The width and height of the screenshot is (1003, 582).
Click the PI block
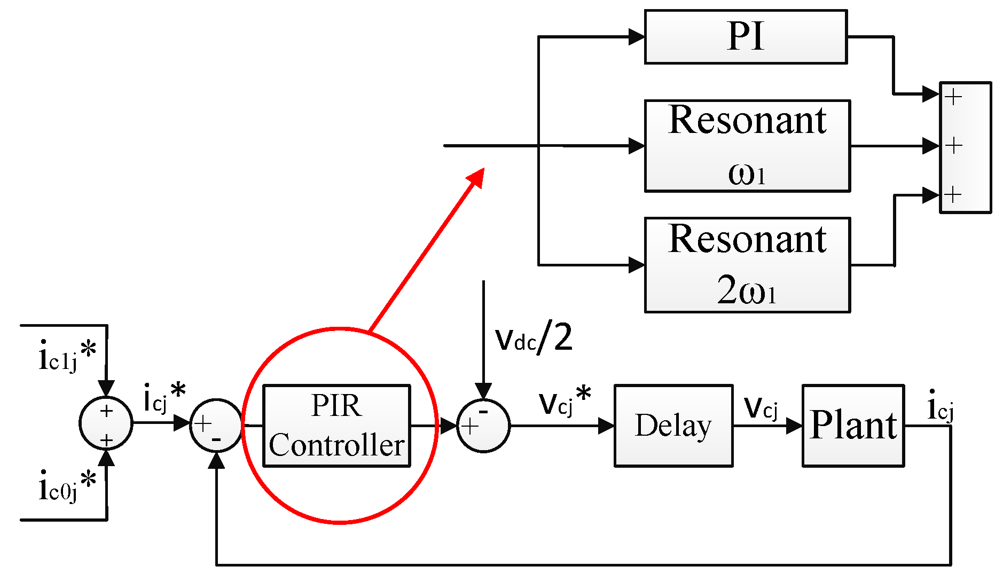[746, 37]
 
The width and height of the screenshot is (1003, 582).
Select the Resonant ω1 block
[747, 146]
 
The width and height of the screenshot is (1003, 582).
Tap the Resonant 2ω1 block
[747, 265]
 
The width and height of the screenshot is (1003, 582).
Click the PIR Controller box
[336, 426]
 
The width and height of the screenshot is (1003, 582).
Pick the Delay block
[673, 426]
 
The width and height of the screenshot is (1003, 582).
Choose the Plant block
[853, 426]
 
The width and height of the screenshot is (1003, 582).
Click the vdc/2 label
[533, 339]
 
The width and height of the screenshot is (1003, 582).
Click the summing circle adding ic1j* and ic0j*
[106, 423]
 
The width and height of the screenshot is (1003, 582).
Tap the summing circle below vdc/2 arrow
[483, 426]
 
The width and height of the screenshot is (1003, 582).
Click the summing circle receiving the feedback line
[216, 426]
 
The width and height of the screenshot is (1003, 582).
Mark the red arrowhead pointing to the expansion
[476, 177]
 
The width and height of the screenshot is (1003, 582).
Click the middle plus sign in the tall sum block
[954, 146]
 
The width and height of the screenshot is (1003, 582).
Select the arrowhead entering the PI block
[637, 37]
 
